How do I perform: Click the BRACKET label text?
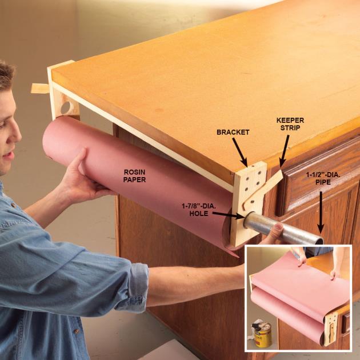point(233,132)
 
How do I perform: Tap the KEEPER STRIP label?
point(290,124)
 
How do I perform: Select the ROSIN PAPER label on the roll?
point(134,175)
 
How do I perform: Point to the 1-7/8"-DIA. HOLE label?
point(199,210)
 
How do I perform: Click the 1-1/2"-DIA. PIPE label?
point(323,179)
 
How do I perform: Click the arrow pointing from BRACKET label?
point(240,152)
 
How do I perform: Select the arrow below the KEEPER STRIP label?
point(284,151)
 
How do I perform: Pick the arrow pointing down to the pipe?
point(321,213)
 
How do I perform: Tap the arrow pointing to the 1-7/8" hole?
point(228,215)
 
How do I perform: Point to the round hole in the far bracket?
point(66,107)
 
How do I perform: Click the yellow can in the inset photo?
point(263,335)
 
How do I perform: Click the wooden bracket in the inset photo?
point(330,329)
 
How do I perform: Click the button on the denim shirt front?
point(76,331)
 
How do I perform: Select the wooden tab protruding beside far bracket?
point(40,89)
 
